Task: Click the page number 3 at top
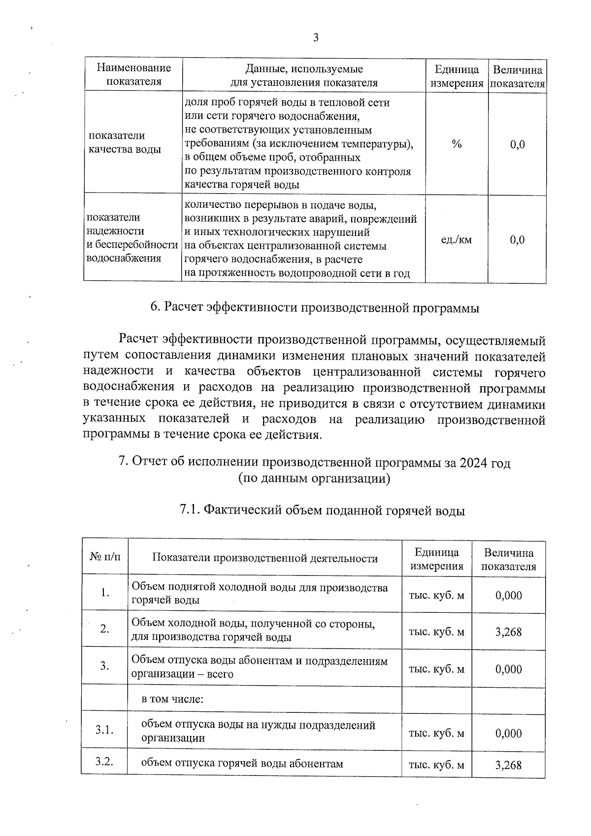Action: click(315, 38)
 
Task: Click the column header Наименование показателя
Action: click(133, 75)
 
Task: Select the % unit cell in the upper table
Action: click(457, 144)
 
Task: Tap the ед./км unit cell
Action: click(456, 240)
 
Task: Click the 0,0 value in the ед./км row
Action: click(517, 240)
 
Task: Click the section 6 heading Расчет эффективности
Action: click(315, 308)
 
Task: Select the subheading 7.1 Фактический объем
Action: click(322, 510)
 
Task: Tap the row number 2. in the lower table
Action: click(104, 629)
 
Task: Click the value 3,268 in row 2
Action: click(508, 632)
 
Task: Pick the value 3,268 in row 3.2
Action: click(508, 765)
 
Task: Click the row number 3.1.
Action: click(104, 730)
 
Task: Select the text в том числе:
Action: click(172, 699)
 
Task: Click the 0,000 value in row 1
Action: click(508, 595)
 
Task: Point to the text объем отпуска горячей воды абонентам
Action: click(242, 764)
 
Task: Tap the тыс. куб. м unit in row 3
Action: click(436, 669)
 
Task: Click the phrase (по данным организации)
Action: click(314, 478)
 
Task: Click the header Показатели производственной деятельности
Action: click(265, 558)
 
